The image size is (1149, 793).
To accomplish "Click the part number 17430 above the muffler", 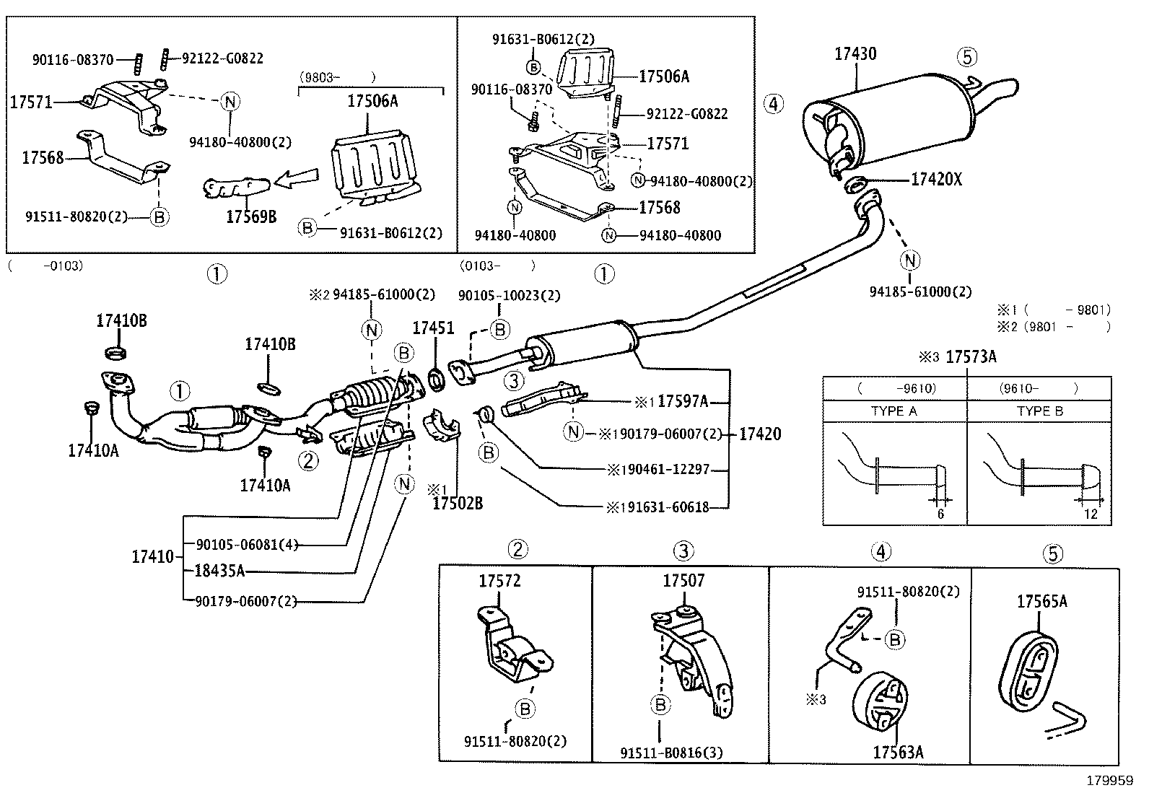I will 855,53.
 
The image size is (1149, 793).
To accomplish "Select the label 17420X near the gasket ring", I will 936,180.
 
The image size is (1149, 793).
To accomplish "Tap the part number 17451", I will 433,328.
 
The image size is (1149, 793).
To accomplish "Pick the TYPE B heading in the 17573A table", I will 1040,411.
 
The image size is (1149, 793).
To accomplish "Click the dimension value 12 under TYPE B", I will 1091,514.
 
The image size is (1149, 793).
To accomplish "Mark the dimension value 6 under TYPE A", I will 940,514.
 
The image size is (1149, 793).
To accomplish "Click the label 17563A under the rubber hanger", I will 898,752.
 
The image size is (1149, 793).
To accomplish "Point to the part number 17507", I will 683,580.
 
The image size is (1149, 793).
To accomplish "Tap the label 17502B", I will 457,504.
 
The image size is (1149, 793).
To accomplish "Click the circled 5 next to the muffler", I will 967,56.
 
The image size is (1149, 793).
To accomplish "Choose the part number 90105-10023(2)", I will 509,295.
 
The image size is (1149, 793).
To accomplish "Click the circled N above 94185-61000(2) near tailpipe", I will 911,260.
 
